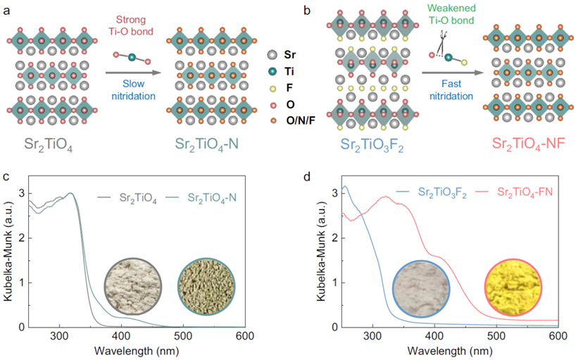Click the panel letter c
[x=6, y=175]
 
